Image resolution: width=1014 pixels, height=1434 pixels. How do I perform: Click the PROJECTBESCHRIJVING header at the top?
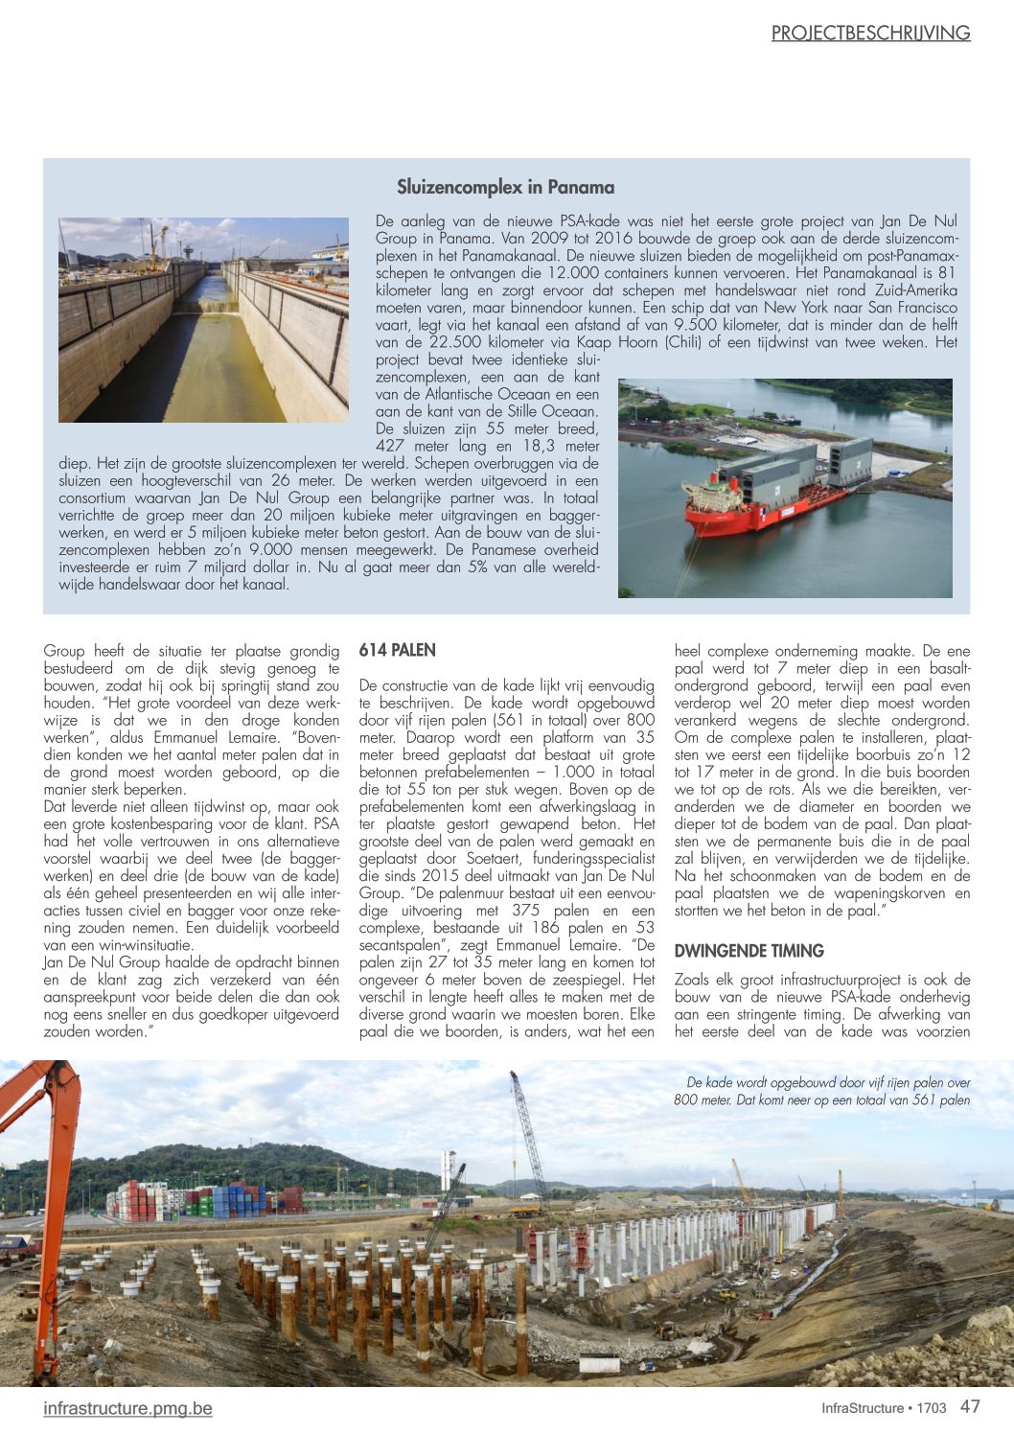(x=870, y=34)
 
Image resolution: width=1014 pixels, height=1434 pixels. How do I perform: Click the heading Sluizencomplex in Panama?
(x=505, y=187)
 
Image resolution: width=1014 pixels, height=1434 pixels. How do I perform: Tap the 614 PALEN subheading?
(x=397, y=651)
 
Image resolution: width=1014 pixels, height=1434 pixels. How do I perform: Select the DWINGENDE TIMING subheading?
(x=749, y=951)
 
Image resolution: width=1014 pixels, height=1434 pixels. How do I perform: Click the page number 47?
(x=970, y=1406)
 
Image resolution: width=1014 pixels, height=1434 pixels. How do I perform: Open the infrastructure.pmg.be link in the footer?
(x=127, y=1408)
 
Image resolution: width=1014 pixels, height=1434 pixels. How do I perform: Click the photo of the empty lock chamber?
(x=203, y=320)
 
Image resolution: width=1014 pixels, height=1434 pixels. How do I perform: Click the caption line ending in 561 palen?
(x=821, y=1100)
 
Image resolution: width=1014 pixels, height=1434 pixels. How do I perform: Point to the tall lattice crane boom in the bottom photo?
(x=529, y=1131)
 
